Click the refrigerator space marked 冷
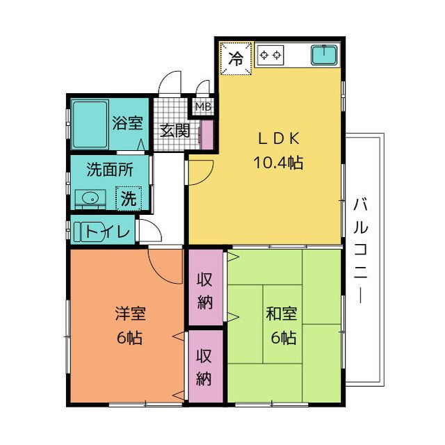click(x=236, y=58)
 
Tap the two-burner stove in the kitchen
click(x=270, y=55)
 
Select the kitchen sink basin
click(x=325, y=55)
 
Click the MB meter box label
click(x=204, y=106)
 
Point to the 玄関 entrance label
click(x=175, y=131)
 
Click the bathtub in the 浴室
click(x=90, y=124)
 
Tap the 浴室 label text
click(x=127, y=123)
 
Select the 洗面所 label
click(x=110, y=170)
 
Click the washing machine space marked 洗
click(x=129, y=198)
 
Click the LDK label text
click(x=278, y=138)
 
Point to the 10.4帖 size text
click(x=278, y=163)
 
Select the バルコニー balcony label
click(x=360, y=251)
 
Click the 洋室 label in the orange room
click(x=130, y=314)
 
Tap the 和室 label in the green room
click(x=282, y=314)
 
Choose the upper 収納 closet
click(x=206, y=287)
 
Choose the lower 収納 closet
click(x=206, y=366)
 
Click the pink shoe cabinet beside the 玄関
click(x=207, y=135)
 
